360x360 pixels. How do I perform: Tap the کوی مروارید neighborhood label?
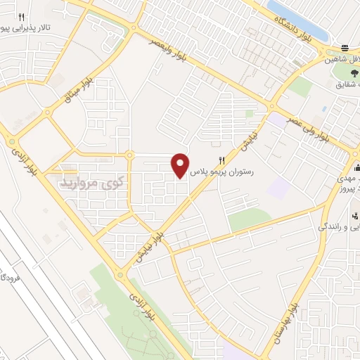[87, 182]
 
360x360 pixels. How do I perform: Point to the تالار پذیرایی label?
[26, 29]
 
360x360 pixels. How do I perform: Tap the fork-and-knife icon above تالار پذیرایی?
[22, 17]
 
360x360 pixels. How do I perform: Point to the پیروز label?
[347, 189]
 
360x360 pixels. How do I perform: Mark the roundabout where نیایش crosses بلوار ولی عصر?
[271, 108]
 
